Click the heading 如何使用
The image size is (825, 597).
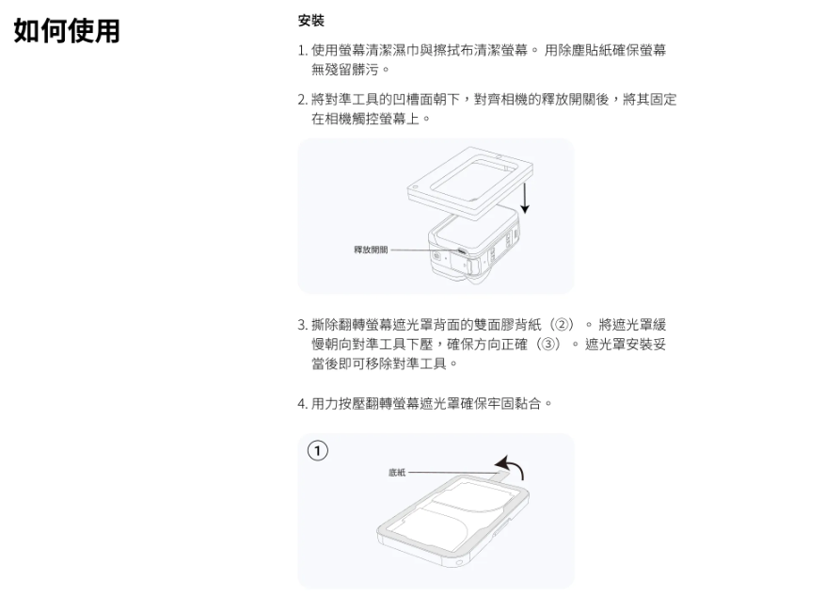(67, 30)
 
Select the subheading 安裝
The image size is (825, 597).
(311, 21)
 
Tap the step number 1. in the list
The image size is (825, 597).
(302, 51)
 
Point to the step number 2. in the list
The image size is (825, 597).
(302, 100)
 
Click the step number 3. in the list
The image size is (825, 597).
(302, 325)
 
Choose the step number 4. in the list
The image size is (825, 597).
(302, 404)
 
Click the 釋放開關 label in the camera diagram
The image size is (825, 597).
(371, 250)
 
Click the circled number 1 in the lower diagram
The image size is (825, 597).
(317, 451)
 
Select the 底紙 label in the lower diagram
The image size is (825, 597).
(397, 473)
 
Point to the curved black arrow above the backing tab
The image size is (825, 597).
(511, 465)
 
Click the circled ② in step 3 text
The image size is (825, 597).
(563, 325)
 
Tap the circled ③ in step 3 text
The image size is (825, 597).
(548, 345)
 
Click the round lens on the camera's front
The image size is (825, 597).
(436, 256)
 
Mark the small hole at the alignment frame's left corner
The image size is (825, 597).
(415, 186)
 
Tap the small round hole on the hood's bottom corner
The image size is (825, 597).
(458, 563)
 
